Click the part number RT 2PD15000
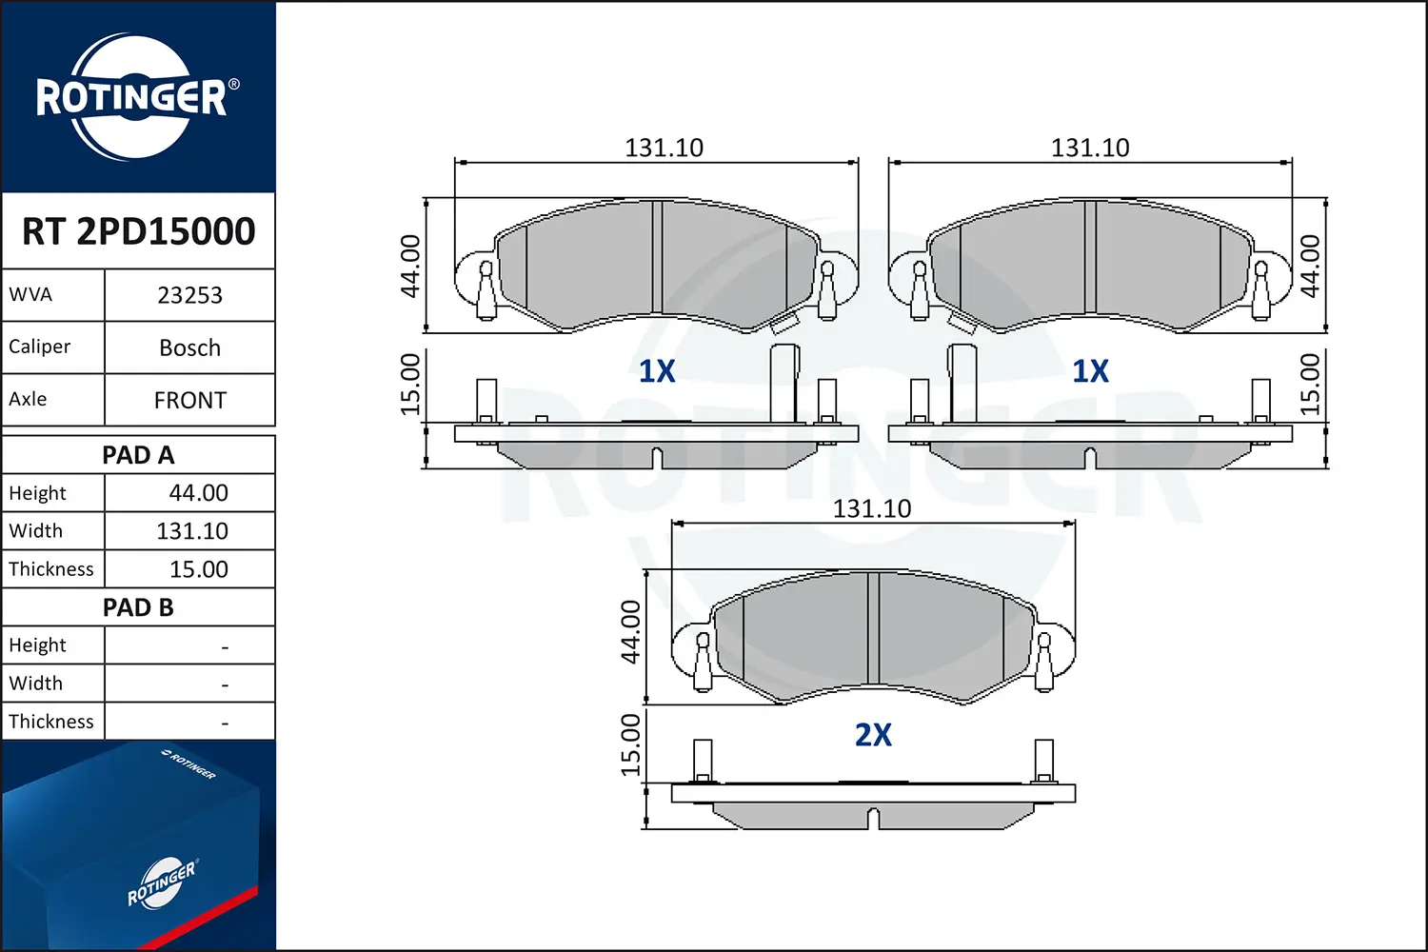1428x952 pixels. (138, 230)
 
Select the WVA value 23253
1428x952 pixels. (190, 295)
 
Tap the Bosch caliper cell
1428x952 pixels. (190, 347)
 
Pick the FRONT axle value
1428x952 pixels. (190, 401)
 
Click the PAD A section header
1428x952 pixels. (138, 455)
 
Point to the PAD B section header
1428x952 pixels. (138, 607)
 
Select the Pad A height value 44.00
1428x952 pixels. (198, 493)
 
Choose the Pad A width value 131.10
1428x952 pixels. (192, 531)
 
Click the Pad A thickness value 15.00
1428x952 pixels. (198, 569)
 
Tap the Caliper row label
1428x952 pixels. (40, 347)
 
